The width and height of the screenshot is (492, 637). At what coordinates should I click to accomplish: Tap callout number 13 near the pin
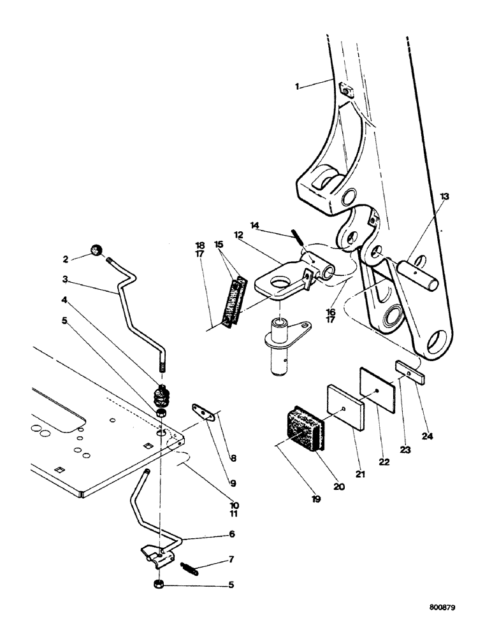pos(444,197)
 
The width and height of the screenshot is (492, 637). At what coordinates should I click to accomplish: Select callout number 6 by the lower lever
pos(214,534)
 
